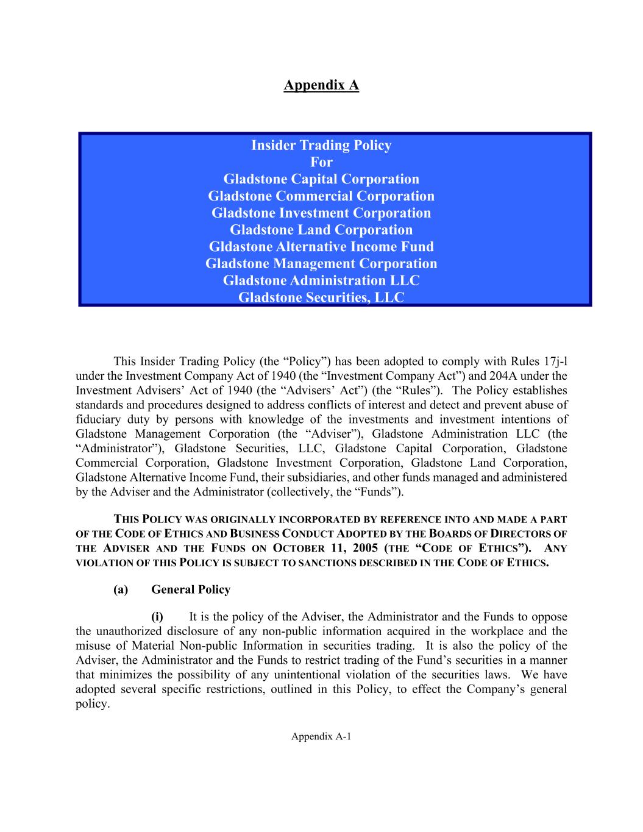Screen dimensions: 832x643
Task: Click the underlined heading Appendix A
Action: [321, 85]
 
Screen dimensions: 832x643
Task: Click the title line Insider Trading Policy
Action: [321, 145]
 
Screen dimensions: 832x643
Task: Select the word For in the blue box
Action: [321, 162]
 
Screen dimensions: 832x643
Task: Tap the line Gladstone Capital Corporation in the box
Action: [321, 179]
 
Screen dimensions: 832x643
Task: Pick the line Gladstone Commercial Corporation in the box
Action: [321, 196]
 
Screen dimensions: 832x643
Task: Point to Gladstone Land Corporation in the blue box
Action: [321, 230]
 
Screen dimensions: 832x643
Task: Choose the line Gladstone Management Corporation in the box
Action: [321, 264]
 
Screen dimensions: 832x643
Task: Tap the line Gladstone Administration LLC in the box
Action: [321, 280]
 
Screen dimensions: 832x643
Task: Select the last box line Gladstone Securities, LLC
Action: [321, 297]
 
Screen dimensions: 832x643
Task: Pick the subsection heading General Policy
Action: [191, 589]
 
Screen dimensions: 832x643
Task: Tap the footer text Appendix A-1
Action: [321, 736]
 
